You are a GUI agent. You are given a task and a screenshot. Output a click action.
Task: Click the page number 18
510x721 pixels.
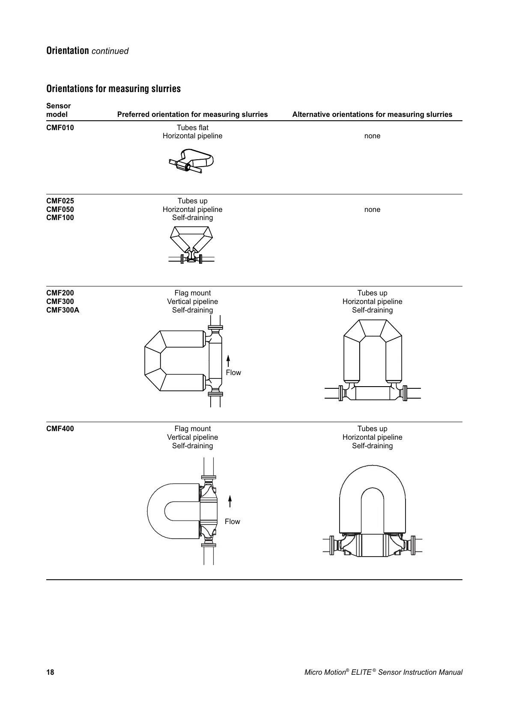(50, 672)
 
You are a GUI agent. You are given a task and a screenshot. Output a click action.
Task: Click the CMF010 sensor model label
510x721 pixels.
(60, 128)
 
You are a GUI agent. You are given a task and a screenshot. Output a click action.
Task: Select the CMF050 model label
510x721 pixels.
(60, 209)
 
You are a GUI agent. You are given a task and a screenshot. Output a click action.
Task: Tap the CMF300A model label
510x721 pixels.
(63, 310)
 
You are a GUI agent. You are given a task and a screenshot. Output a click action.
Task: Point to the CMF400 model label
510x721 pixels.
(60, 429)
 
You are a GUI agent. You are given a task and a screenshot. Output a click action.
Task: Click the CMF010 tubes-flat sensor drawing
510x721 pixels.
(191, 161)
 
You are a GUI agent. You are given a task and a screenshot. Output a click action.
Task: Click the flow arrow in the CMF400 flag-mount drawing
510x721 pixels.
(230, 501)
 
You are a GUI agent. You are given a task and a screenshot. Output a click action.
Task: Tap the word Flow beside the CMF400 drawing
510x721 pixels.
(233, 521)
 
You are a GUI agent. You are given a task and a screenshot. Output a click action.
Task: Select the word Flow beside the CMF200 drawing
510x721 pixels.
(233, 372)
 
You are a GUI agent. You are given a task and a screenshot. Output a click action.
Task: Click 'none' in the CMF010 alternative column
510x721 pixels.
(372, 136)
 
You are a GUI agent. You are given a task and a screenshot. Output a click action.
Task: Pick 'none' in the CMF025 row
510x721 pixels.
(372, 209)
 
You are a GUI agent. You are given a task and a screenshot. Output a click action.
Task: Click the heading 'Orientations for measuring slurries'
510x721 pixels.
(113, 89)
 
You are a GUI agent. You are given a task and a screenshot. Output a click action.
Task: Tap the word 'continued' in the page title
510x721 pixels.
(110, 51)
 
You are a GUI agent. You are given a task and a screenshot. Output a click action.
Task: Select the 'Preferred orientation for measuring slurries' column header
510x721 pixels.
(192, 114)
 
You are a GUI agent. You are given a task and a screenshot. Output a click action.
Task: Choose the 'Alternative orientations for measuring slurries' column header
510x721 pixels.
(372, 114)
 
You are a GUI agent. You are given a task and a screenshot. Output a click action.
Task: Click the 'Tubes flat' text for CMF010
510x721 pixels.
(192, 128)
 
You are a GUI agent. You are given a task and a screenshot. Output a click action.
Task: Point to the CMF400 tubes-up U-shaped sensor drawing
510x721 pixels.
(372, 509)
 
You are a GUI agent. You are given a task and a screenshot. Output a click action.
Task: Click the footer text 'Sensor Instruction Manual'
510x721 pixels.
(420, 672)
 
